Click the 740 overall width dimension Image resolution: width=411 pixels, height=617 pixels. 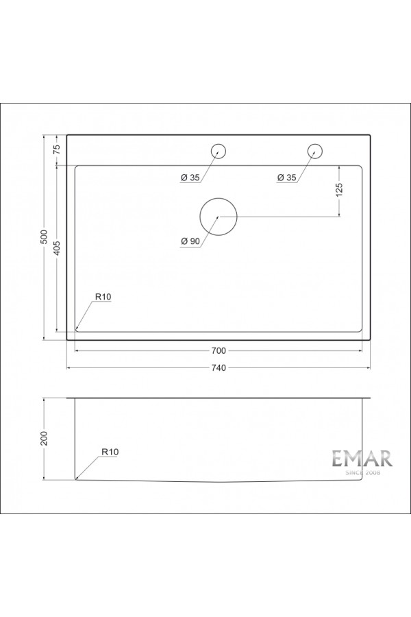pyautogui.click(x=219, y=368)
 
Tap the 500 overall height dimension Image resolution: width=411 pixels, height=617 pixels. pyautogui.click(x=44, y=237)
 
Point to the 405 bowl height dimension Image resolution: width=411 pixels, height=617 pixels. pyautogui.click(x=58, y=248)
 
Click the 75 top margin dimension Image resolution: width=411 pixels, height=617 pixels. pyautogui.click(x=58, y=149)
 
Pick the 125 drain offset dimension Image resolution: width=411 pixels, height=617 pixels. pyautogui.click(x=340, y=190)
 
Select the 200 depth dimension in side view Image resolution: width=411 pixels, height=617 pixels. pyautogui.click(x=44, y=439)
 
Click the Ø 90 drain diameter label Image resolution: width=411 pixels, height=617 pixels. pyautogui.click(x=190, y=241)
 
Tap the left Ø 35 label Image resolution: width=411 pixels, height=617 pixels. pyautogui.click(x=190, y=178)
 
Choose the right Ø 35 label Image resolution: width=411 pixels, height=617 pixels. pyautogui.click(x=286, y=178)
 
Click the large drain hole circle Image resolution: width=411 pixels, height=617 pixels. pyautogui.click(x=218, y=216)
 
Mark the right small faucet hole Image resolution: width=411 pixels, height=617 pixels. pyautogui.click(x=314, y=151)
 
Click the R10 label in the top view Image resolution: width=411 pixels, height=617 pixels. pyautogui.click(x=103, y=297)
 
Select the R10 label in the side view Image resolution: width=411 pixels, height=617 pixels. pyautogui.click(x=110, y=452)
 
